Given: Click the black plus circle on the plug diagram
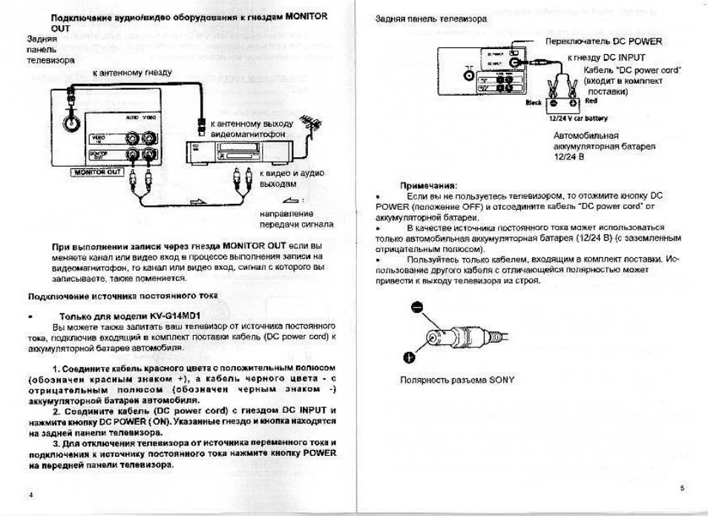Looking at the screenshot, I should tap(409, 358).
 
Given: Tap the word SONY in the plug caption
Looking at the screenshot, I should tap(501, 380).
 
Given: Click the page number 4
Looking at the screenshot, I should tap(30, 494).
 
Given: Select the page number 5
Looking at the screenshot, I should tap(681, 487).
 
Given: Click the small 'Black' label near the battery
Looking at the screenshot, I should tap(533, 102).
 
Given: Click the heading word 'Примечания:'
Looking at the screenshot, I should tap(428, 185).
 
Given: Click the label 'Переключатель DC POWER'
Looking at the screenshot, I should tap(603, 42).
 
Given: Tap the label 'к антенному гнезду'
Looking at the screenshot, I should tap(132, 73).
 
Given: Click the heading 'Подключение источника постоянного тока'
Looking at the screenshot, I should tap(122, 295).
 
